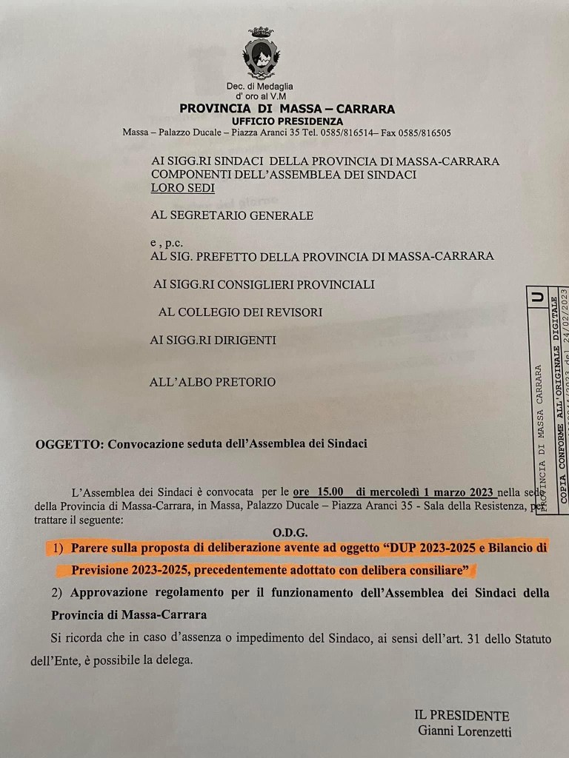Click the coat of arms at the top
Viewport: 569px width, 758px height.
pyautogui.click(x=261, y=54)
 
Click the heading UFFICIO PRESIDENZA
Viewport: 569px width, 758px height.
pyautogui.click(x=287, y=121)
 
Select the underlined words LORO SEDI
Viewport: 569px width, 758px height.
pyautogui.click(x=183, y=188)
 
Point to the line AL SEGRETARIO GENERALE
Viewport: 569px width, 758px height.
pyautogui.click(x=232, y=215)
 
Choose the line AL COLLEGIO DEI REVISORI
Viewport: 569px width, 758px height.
pyautogui.click(x=240, y=312)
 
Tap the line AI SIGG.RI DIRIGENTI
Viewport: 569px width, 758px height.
pyautogui.click(x=213, y=340)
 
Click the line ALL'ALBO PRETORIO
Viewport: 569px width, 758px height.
pyautogui.click(x=213, y=382)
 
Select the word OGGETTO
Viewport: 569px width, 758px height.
pyautogui.click(x=68, y=444)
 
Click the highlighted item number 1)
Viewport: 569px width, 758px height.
pyautogui.click(x=59, y=548)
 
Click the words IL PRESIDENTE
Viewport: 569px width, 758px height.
pyautogui.click(x=462, y=716)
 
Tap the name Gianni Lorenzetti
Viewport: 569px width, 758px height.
pyautogui.click(x=465, y=732)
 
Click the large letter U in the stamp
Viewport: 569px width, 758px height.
pyautogui.click(x=537, y=298)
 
